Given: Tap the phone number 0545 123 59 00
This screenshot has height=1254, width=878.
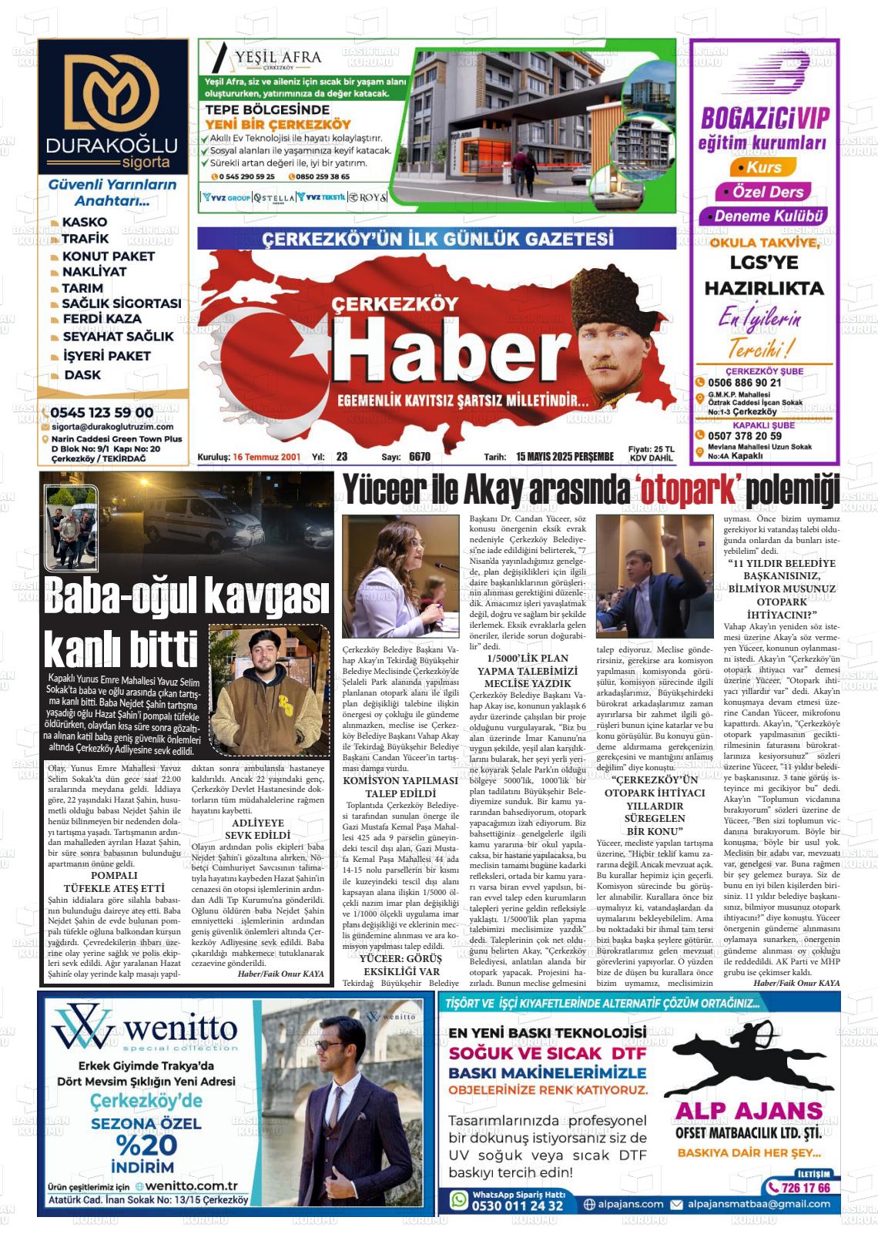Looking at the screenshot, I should pos(102,413).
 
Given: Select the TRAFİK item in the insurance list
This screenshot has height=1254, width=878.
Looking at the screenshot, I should pos(85,239).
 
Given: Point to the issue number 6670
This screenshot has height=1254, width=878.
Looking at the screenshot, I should pos(420,457).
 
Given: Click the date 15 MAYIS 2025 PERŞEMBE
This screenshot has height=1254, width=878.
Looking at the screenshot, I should pos(565,457).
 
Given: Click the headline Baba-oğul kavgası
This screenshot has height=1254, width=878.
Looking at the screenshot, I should pos(186,597).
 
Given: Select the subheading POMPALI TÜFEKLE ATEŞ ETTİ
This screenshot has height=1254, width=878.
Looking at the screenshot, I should pos(114,881).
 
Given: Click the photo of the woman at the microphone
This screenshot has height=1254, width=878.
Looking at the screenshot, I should pos(400,574).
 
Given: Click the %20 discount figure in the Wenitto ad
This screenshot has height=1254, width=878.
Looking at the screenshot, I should pos(146,1145).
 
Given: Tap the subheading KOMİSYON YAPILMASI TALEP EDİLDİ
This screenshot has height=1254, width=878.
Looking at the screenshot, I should pos(400,786).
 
